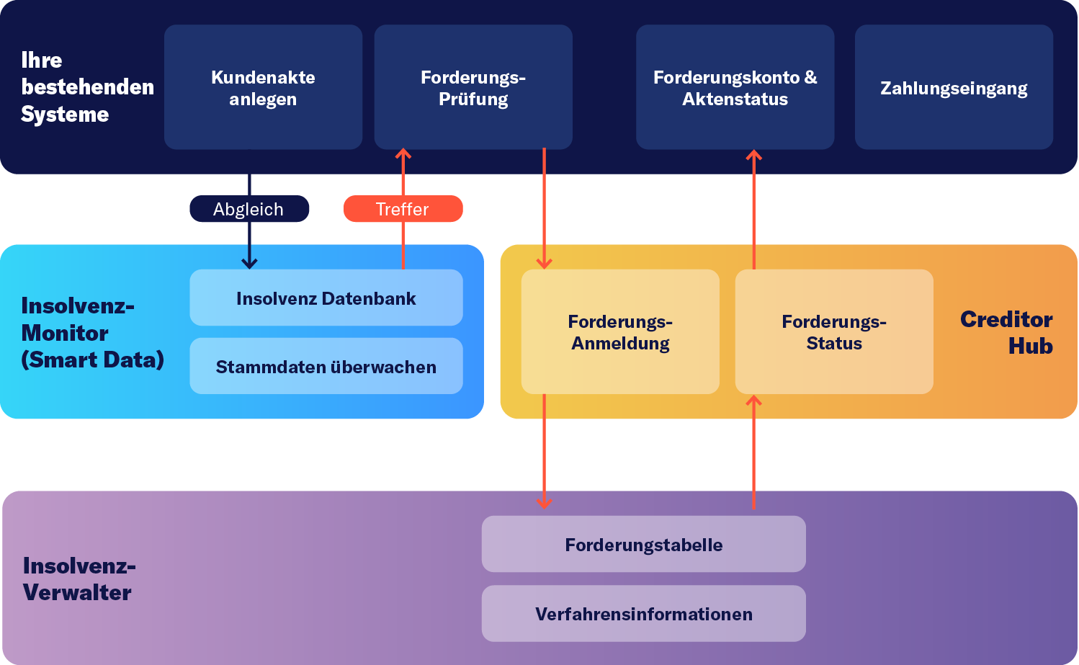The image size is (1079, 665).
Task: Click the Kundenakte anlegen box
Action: pos(263,87)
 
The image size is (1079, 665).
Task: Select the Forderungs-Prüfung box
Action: pos(473,87)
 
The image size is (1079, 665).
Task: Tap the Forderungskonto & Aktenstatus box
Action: pos(735,87)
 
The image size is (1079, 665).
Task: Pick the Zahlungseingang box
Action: pos(954,87)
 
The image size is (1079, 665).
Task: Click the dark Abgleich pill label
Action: pos(249,209)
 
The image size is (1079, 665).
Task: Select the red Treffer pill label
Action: pos(403,209)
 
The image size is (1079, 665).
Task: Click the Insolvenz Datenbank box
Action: pos(326,298)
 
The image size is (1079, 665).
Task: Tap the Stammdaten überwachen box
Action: pos(326,366)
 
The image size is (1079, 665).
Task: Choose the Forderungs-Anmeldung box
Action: pos(620,331)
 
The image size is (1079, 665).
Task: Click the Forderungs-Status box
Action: pos(834,331)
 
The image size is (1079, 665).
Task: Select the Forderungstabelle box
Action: pos(643,544)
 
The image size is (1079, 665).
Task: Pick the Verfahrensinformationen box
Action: pos(643,613)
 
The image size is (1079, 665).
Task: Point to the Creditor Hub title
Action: pos(1006,332)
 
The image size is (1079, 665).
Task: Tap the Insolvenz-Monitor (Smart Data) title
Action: pos(92,332)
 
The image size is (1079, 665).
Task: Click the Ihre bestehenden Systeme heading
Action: pos(86,86)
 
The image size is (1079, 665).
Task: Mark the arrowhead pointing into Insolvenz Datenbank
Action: pos(249,263)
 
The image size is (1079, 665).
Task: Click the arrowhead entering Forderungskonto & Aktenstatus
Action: pos(753,155)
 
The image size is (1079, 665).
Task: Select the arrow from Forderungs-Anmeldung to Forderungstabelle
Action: pos(544,450)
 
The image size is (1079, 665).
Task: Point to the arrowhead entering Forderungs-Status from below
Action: pos(753,401)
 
